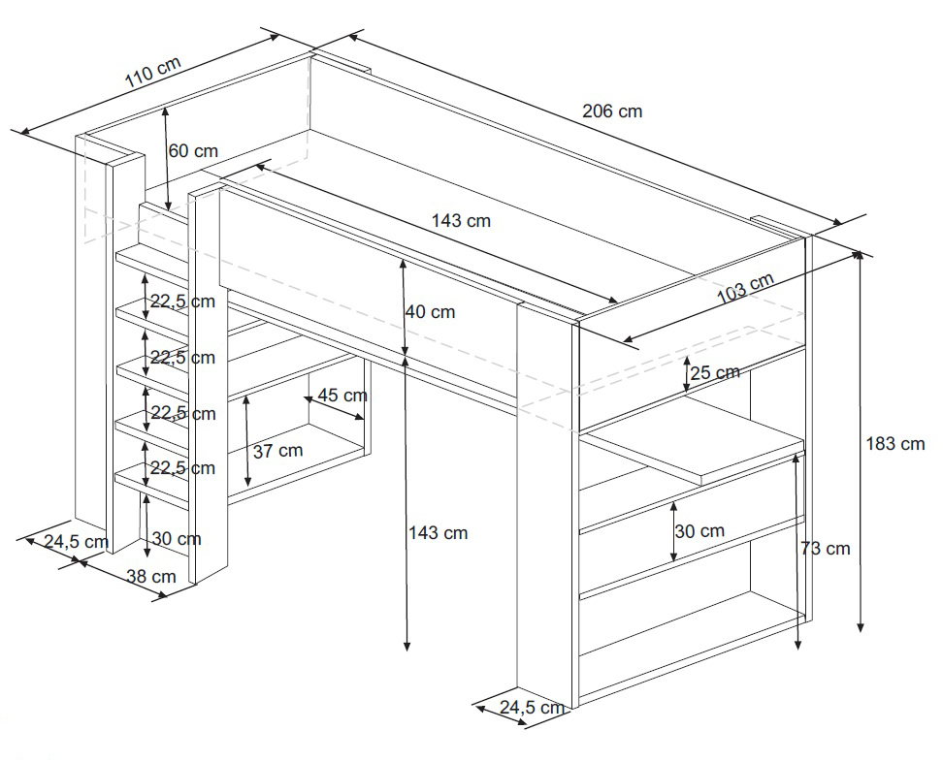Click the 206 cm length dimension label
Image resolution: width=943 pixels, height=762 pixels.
point(612,111)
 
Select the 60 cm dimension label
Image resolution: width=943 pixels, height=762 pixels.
point(193,151)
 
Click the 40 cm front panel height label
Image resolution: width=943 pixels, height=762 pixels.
point(431,312)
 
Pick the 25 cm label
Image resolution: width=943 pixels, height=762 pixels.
point(715,372)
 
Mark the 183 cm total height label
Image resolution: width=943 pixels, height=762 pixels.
point(895,444)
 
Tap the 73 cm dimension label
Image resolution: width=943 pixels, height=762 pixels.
point(826,549)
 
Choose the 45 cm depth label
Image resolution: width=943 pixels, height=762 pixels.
point(342,396)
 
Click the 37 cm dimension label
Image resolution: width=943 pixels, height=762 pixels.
point(277,451)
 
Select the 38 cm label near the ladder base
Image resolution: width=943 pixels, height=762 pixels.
point(151,576)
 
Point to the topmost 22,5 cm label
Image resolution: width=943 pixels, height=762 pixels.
point(181,302)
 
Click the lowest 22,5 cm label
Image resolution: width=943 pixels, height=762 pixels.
point(181,468)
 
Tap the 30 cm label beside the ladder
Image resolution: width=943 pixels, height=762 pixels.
point(177,539)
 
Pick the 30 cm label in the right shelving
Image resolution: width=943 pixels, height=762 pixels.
point(699,531)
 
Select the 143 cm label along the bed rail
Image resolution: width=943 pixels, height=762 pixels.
point(461,221)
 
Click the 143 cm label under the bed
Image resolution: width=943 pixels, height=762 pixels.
point(438,533)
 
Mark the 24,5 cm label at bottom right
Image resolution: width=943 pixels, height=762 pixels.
point(532,708)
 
